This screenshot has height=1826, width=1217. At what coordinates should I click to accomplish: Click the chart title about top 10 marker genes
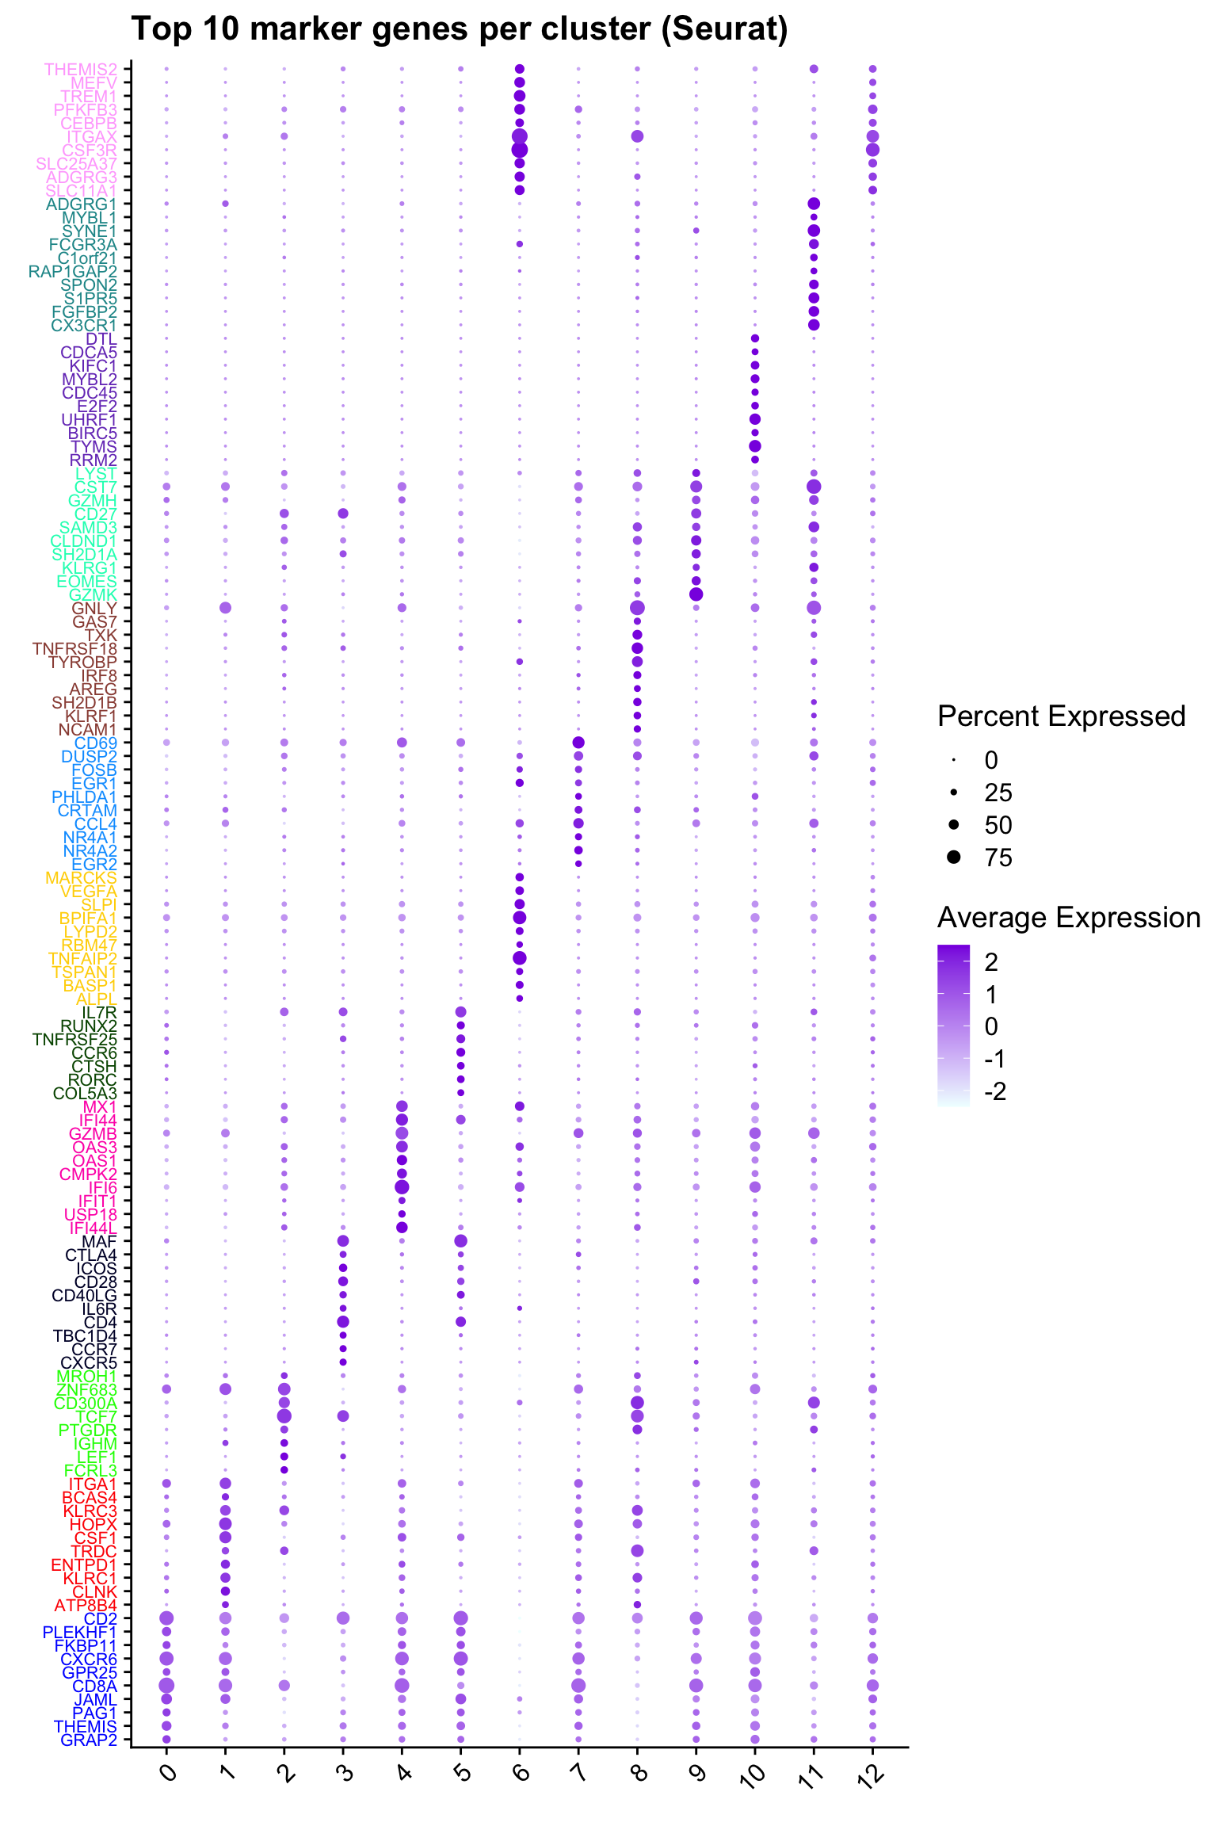point(460,29)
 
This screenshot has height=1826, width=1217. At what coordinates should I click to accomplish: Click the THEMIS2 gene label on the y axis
point(81,70)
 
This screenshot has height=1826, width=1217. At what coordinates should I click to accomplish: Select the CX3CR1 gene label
point(84,326)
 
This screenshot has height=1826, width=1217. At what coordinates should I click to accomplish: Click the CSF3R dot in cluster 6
point(520,150)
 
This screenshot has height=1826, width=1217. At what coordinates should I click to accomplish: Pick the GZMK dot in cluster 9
point(696,594)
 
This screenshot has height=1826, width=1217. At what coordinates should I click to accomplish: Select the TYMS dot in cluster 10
point(755,446)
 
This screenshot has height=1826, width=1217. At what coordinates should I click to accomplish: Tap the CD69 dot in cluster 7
point(578,743)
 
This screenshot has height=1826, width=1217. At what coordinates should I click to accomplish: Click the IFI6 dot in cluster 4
point(402,1186)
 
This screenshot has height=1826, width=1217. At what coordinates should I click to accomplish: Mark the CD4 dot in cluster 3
point(343,1321)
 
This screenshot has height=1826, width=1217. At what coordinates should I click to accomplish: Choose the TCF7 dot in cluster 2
point(284,1415)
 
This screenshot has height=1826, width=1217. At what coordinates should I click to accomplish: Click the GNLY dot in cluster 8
point(637,608)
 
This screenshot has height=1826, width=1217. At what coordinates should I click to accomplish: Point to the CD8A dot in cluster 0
point(166,1685)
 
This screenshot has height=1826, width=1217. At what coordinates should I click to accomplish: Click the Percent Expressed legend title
point(1061,716)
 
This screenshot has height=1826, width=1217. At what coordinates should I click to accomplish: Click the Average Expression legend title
point(1069,918)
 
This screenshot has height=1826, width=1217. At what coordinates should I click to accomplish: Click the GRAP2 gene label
point(89,1740)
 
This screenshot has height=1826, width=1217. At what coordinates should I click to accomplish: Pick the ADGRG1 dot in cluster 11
point(814,204)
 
